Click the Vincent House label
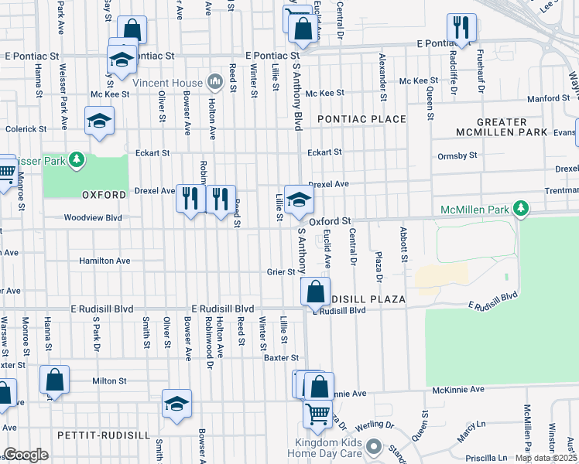pyautogui.click(x=167, y=83)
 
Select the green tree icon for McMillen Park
pyautogui.click(x=522, y=209)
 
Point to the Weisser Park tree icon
pyautogui.click(x=76, y=160)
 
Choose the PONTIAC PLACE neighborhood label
pyautogui.click(x=361, y=119)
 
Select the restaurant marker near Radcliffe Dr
pyautogui.click(x=462, y=27)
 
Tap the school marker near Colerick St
pyautogui.click(x=99, y=121)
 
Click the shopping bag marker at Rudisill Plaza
pyautogui.click(x=314, y=292)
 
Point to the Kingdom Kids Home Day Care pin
pyautogui.click(x=374, y=446)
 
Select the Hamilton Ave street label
pyautogui.click(x=104, y=261)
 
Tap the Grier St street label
pyautogui.click(x=281, y=272)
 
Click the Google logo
pyautogui.click(x=26, y=455)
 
